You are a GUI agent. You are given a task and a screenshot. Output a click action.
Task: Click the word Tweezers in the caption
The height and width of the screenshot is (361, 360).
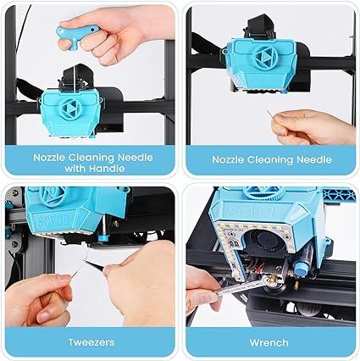[x=89, y=343]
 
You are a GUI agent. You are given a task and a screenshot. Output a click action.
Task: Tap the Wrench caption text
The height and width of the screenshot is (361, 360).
[x=269, y=343]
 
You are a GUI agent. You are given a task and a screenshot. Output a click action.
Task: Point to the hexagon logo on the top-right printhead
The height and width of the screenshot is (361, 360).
[x=259, y=63]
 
